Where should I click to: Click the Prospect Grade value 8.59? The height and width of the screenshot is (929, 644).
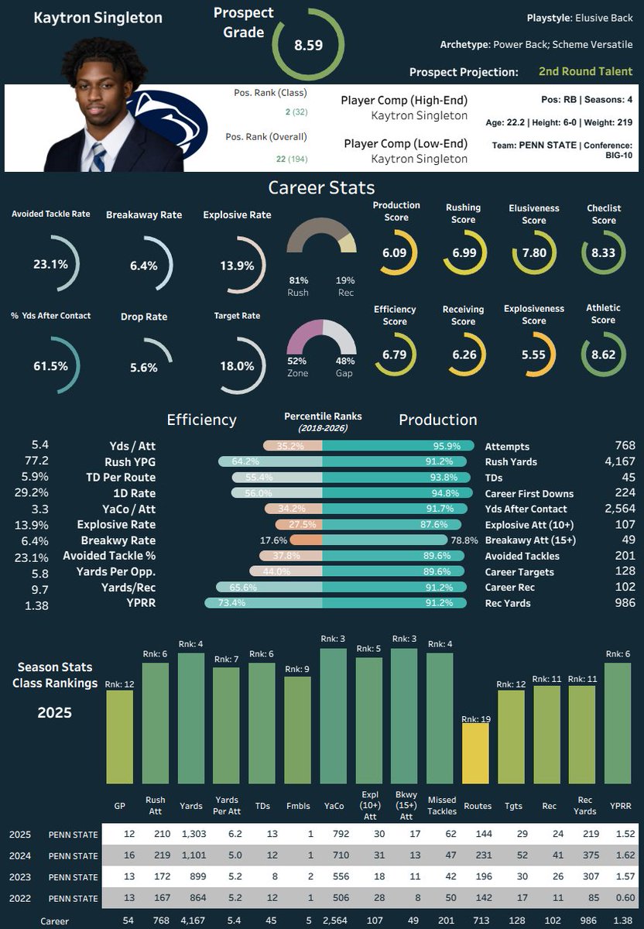309,45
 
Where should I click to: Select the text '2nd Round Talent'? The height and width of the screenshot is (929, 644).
585,71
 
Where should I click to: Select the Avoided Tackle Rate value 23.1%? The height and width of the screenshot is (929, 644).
50,264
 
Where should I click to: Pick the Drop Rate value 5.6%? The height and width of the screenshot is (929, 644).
143,368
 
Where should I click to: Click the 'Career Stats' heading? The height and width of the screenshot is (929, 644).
321,187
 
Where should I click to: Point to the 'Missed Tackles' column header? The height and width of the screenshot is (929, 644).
442,805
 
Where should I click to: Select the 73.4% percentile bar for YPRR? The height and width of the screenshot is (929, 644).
263,602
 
